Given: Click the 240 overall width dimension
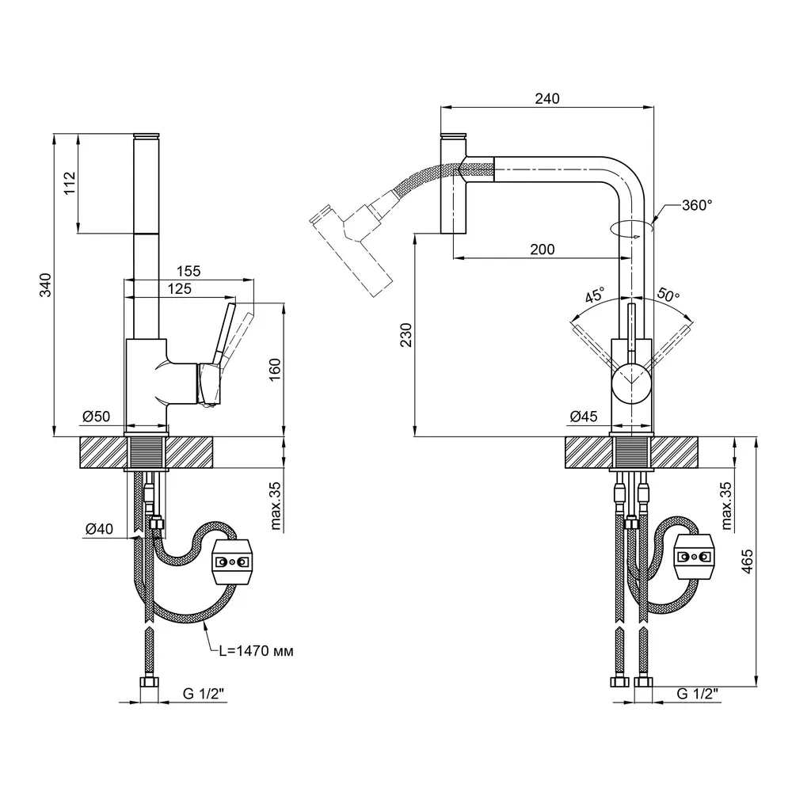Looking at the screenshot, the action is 547,98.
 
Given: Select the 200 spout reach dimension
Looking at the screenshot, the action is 542,249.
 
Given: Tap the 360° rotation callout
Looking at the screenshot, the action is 696,205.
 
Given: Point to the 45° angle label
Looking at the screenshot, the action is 595,295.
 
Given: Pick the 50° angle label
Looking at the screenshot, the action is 668,295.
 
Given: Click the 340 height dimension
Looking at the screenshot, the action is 45,284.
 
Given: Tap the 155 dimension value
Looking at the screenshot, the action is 188,271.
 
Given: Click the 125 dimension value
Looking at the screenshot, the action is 179,288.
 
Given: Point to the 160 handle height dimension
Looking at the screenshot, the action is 274,370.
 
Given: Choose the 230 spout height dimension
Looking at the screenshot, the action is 406,334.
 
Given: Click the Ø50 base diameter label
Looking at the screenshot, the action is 96,417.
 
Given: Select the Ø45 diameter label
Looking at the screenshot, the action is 584,417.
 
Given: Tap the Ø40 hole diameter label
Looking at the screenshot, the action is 99,529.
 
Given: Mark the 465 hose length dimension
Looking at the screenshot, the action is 747,561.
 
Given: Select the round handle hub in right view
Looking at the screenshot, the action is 630,383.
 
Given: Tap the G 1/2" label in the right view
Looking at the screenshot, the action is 697,694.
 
